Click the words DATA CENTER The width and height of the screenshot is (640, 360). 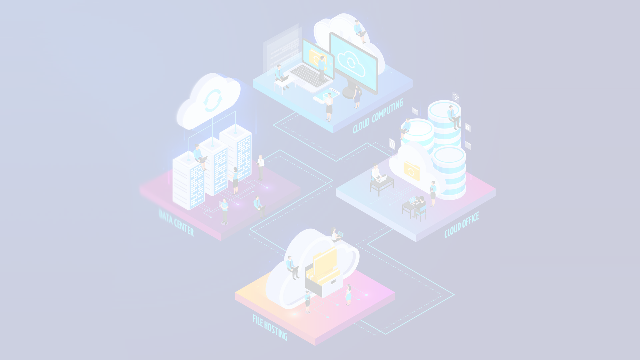pyautogui.click(x=176, y=223)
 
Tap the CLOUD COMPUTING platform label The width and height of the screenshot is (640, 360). pyautogui.click(x=378, y=116)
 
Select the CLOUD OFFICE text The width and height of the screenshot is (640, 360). pyautogui.click(x=462, y=225)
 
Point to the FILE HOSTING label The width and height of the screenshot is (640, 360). pyautogui.click(x=270, y=328)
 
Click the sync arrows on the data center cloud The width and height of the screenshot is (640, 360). pyautogui.click(x=212, y=100)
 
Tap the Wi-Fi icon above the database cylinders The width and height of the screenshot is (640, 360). pyautogui.click(x=456, y=97)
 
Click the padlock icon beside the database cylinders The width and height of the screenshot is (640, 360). pyautogui.click(x=468, y=127)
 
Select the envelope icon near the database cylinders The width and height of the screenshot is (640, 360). pyautogui.click(x=415, y=111)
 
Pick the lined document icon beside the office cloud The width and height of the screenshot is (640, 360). pyautogui.click(x=392, y=144)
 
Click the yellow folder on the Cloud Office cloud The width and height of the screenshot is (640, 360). pyautogui.click(x=412, y=171)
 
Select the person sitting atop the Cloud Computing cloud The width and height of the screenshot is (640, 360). pyautogui.click(x=360, y=31)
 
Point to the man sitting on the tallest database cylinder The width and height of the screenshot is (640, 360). pyautogui.click(x=453, y=117)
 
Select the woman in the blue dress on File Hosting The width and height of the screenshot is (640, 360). pyautogui.click(x=348, y=295)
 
